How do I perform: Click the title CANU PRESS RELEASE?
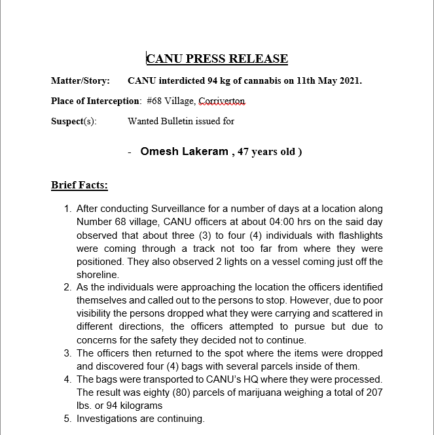pos(217,59)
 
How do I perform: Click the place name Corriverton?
pos(222,101)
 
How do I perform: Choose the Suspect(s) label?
pos(74,122)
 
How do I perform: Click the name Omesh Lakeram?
pos(183,152)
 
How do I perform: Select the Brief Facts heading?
pos(79,185)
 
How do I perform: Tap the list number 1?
pos(67,209)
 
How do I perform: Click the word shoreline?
pos(98,275)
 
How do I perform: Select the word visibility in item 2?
pos(98,313)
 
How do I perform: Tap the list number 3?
pos(67,353)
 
